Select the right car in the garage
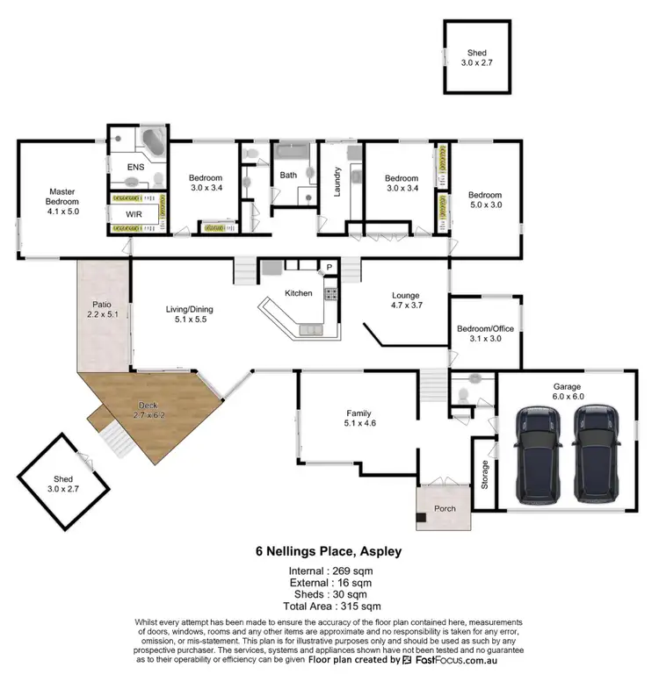pos(595,454)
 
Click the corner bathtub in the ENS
pos(155,143)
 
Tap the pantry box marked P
pos(329,267)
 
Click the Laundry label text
pos(337,182)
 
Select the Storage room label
pos(483,474)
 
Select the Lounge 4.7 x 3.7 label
pos(405,301)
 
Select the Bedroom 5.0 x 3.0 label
pos(484,200)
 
